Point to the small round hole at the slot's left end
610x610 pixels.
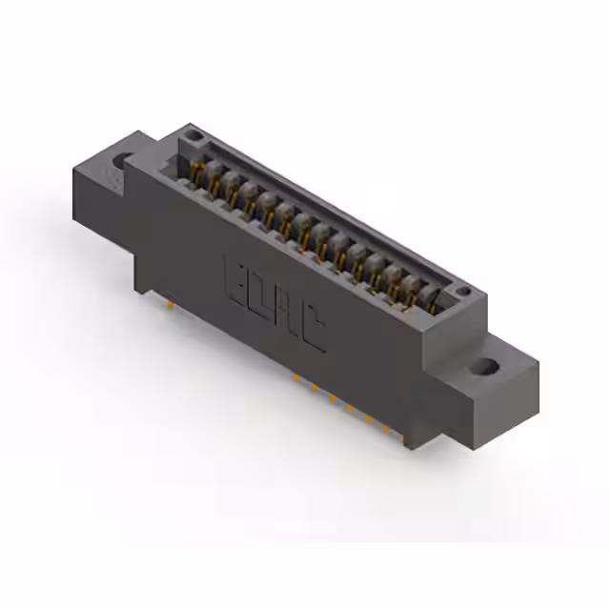(194, 138)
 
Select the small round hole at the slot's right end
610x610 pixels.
(462, 292)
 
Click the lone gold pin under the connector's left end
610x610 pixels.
(169, 304)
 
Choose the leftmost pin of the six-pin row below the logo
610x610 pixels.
(296, 377)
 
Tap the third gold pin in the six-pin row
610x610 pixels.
(333, 397)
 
